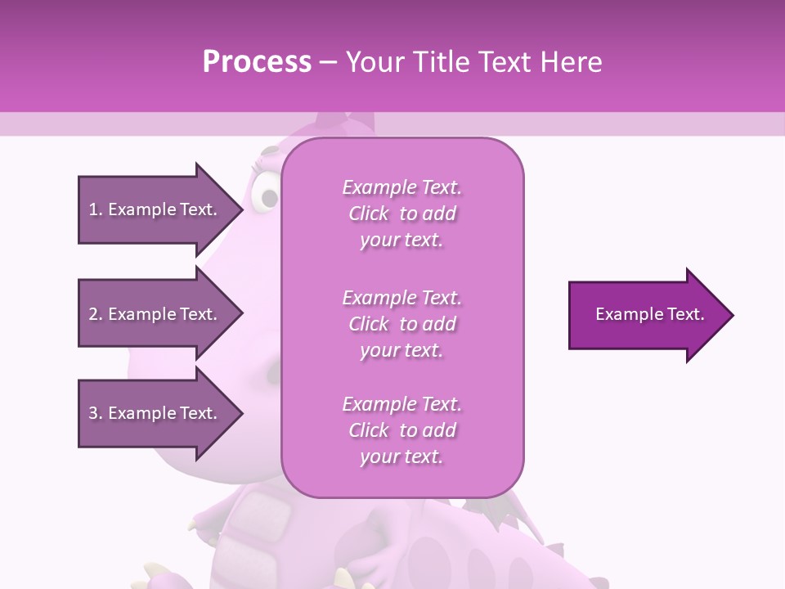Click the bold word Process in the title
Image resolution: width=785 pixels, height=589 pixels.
point(257,62)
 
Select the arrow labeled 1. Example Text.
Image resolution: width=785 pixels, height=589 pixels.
point(155,209)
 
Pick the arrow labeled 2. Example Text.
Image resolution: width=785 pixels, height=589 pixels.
point(155,314)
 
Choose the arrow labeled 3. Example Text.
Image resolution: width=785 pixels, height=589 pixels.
point(155,413)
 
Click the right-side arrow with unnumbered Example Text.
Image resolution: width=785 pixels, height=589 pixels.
point(646,315)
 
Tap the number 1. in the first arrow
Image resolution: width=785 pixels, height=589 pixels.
point(95,209)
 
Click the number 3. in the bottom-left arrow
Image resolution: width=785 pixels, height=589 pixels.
point(95,413)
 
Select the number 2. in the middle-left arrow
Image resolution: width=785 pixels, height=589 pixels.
point(95,314)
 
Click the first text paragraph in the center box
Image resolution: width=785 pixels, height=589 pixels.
point(401,214)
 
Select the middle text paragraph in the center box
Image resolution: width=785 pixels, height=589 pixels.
point(401,324)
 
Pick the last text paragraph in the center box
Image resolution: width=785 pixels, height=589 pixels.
point(401,430)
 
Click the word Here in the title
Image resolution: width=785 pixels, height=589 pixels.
point(571,62)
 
